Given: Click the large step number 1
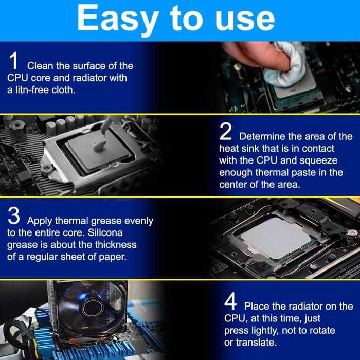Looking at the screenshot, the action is tap(13, 61).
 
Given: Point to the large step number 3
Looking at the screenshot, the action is tap(14, 215).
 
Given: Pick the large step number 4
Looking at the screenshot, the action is tap(230, 301).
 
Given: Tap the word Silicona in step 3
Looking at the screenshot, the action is tap(105, 233).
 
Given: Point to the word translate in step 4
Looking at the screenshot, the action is tap(257, 343).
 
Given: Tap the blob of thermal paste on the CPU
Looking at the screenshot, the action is tap(99, 146).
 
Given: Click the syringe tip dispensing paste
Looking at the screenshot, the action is tap(104, 130).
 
